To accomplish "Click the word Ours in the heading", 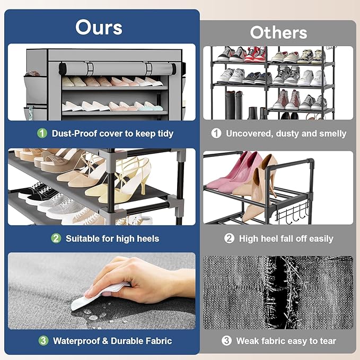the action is click(99, 28).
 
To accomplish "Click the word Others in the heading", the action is click(278, 32).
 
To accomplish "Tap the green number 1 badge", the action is click(42, 133).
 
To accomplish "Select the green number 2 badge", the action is click(56, 238).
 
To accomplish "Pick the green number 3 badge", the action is click(43, 341).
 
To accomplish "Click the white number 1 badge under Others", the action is click(216, 133).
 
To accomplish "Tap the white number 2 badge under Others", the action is click(229, 238).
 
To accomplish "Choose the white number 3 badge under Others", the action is click(226, 341).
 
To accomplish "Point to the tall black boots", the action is click(234, 104).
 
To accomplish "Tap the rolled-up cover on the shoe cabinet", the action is click(118, 68).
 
